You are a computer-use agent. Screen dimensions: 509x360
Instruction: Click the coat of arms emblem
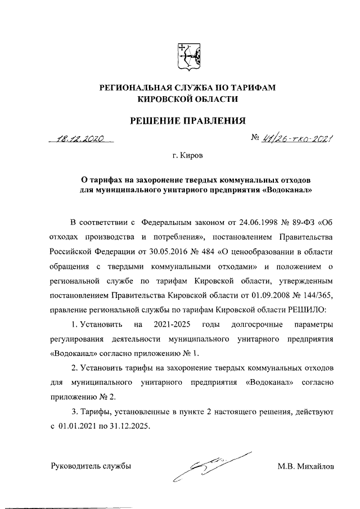[188, 56]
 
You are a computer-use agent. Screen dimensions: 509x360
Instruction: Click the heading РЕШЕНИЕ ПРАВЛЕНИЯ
[188, 120]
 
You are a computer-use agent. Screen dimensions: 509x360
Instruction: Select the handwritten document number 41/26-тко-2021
[292, 139]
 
